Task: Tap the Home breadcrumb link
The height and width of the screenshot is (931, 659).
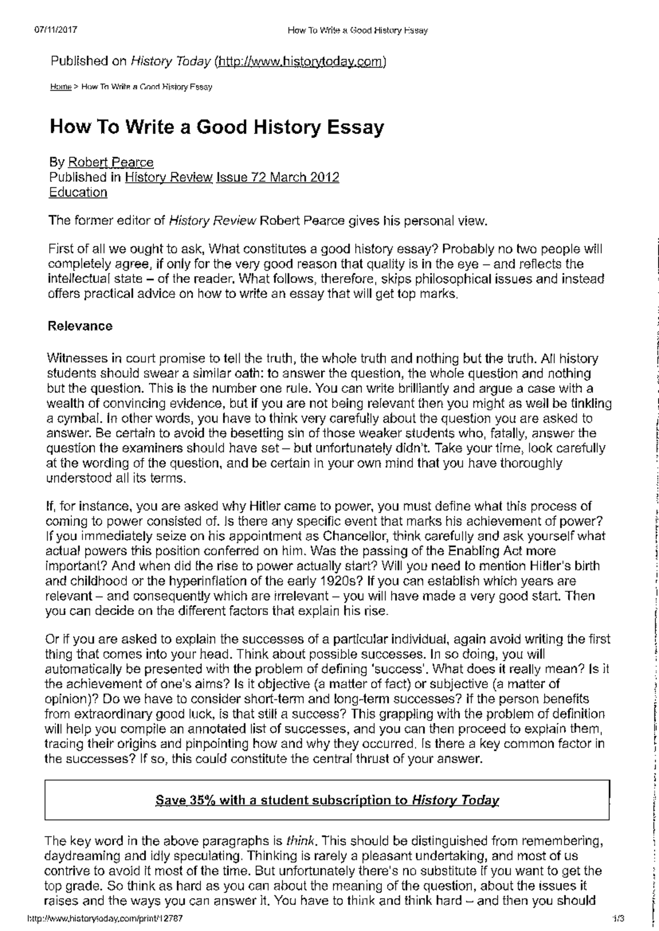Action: coord(60,87)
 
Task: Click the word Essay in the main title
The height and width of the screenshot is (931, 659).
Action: coord(353,127)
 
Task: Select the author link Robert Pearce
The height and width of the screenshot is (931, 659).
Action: coord(110,162)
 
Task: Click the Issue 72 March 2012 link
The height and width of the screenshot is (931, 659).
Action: coord(278,177)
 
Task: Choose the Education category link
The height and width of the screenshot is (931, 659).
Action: coord(78,192)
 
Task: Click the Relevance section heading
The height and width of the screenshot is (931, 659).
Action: coord(80,326)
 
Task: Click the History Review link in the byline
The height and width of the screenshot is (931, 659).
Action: coord(169,177)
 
